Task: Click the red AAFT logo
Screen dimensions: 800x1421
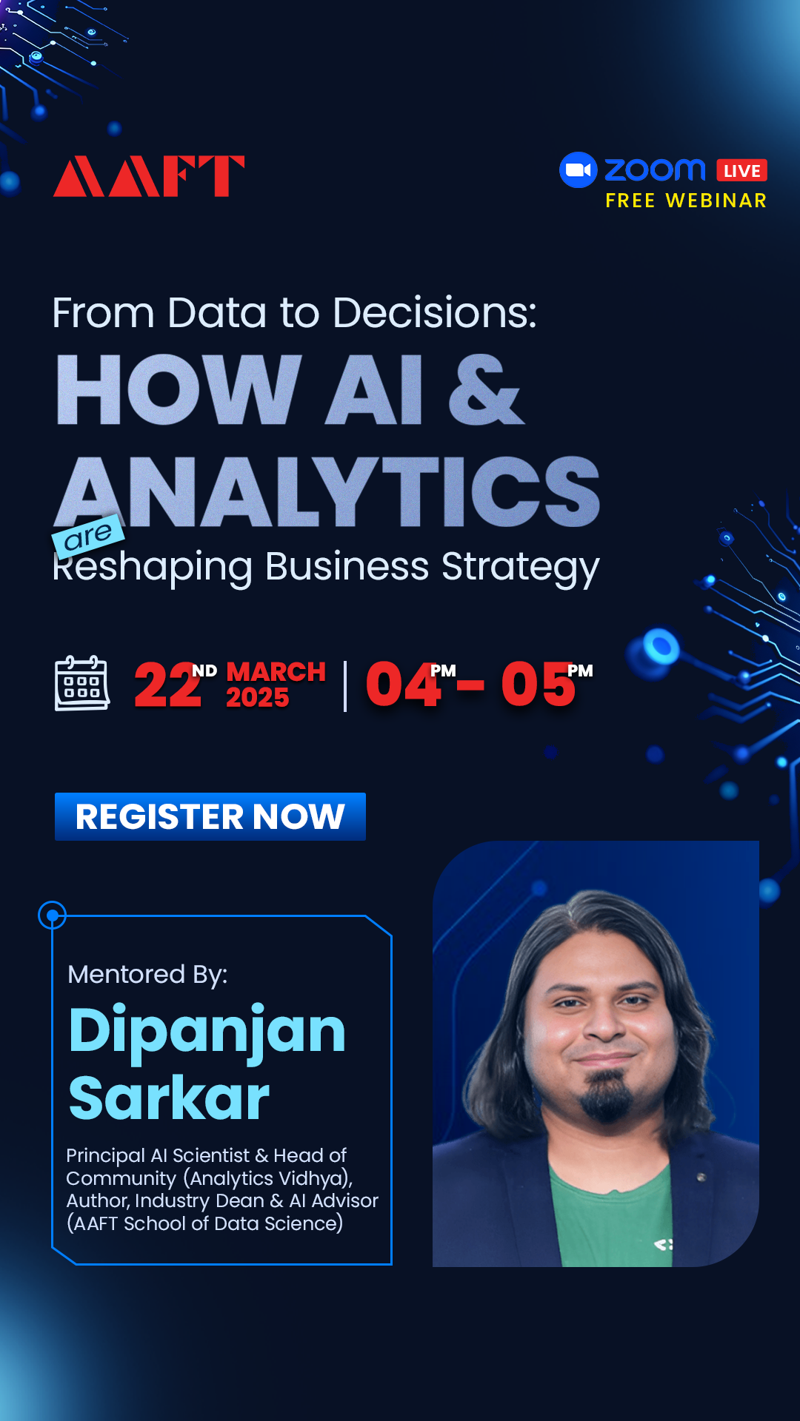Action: click(x=149, y=176)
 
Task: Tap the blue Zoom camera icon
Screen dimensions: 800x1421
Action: click(x=579, y=170)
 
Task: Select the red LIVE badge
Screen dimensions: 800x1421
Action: click(x=741, y=171)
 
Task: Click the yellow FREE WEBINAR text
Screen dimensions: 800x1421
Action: click(x=686, y=201)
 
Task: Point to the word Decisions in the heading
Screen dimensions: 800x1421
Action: click(x=435, y=313)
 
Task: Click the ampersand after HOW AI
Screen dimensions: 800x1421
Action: click(x=486, y=389)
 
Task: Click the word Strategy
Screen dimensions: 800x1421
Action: click(x=520, y=568)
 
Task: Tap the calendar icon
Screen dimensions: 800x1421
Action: click(x=82, y=683)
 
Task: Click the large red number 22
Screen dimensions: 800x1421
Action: click(x=168, y=685)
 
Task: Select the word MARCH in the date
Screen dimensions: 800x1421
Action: click(x=276, y=671)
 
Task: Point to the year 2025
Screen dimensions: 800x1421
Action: click(x=257, y=697)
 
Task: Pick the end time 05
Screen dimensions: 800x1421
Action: click(x=538, y=685)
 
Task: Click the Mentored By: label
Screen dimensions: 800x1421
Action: click(x=147, y=975)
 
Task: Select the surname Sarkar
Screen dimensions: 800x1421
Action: click(x=169, y=1098)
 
